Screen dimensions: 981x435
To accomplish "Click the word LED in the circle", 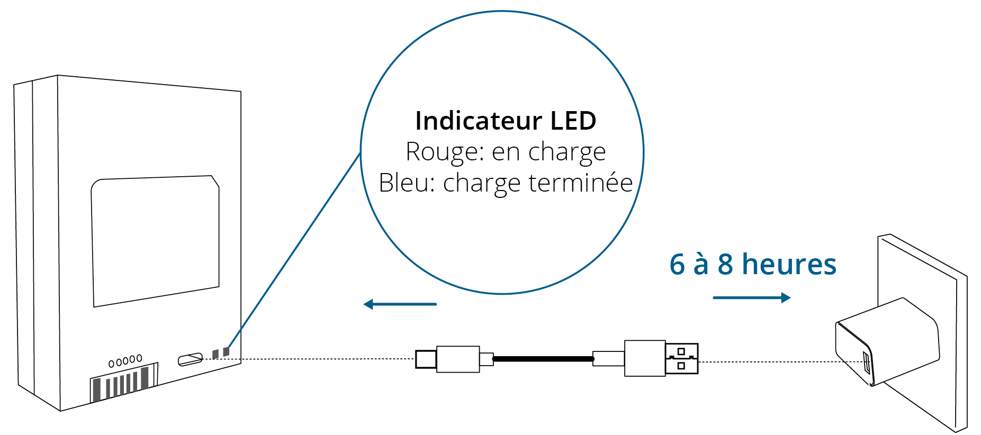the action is pyautogui.click(x=573, y=121).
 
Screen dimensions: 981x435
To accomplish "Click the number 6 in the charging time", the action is pyautogui.click(x=677, y=264).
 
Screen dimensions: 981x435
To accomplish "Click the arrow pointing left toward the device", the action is pyautogui.click(x=400, y=304).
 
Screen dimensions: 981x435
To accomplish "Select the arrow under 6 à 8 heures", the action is pyautogui.click(x=752, y=297).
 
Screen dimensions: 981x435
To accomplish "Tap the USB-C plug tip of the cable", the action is pyautogui.click(x=426, y=359).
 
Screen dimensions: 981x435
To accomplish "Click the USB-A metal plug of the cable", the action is pyautogui.click(x=682, y=359).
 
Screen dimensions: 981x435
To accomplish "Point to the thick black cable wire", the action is pyautogui.click(x=543, y=359).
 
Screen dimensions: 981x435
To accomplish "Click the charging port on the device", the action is pyautogui.click(x=190, y=359).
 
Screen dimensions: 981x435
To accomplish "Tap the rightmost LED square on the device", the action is pyautogui.click(x=226, y=352).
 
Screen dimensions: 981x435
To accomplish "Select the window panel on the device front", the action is pyautogui.click(x=156, y=241).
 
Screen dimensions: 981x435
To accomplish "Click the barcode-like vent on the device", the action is pyautogui.click(x=124, y=382).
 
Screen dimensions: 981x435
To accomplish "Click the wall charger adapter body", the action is pyautogui.click(x=887, y=341).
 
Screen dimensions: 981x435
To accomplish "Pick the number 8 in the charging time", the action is pyautogui.click(x=725, y=264).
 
